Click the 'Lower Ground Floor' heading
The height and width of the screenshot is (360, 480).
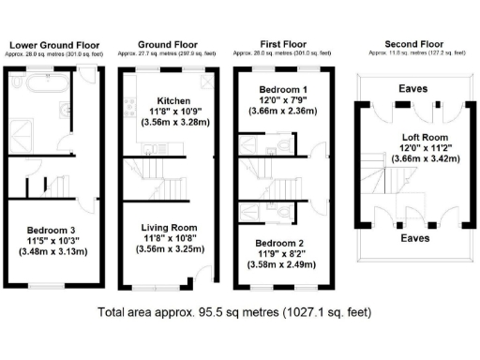pyautogui.click(x=53, y=44)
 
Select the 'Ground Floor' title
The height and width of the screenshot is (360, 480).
pyautogui.click(x=167, y=44)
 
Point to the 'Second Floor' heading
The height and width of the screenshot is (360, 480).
pyautogui.click(x=413, y=44)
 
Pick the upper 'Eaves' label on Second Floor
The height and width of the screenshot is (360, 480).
pyautogui.click(x=413, y=89)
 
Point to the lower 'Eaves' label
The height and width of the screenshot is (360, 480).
pyautogui.click(x=413, y=238)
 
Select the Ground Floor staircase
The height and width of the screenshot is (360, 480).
pyautogui.click(x=172, y=182)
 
